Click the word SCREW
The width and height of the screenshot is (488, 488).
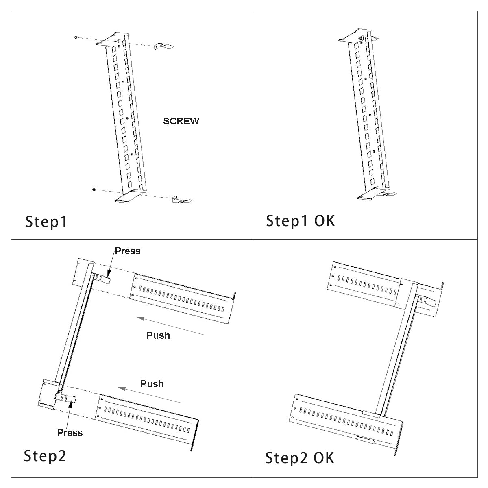(181, 121)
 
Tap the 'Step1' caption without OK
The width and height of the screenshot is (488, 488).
(46, 222)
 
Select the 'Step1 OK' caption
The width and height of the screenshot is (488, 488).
(301, 221)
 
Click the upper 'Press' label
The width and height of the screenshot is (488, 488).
(128, 251)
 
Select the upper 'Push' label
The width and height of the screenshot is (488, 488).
(158, 335)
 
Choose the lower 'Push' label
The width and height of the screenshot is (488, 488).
(152, 384)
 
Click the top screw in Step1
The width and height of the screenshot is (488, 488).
(76, 37)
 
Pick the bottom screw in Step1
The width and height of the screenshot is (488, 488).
(94, 190)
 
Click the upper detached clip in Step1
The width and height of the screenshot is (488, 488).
(163, 46)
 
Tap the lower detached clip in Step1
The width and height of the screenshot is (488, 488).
(182, 199)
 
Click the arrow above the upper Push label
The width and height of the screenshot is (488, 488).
(170, 326)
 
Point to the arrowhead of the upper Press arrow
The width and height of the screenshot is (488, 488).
(109, 274)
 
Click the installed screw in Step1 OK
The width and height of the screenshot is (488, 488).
(361, 39)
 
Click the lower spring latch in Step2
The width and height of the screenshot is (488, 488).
(65, 398)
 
